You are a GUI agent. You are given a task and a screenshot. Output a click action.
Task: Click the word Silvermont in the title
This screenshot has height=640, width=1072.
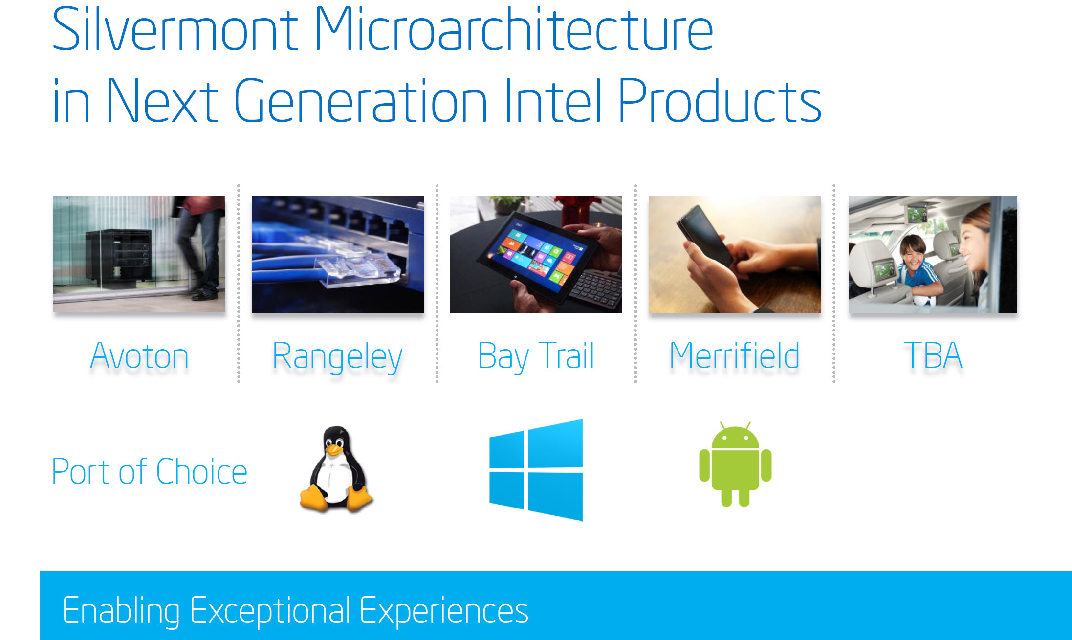(175, 29)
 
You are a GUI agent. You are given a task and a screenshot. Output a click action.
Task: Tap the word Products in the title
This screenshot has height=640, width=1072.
(720, 100)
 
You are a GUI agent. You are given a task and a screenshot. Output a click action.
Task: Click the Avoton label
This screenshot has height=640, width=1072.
(139, 356)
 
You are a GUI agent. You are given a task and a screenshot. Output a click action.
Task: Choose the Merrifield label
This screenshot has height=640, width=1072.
(735, 355)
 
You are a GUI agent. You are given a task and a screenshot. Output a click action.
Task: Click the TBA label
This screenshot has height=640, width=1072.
(933, 355)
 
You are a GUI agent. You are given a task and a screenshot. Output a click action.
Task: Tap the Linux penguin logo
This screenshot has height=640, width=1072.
(336, 469)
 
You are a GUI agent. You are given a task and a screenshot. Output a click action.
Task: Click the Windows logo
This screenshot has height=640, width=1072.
(536, 470)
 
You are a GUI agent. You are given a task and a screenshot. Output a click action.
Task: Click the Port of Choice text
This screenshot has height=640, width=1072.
(150, 472)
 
